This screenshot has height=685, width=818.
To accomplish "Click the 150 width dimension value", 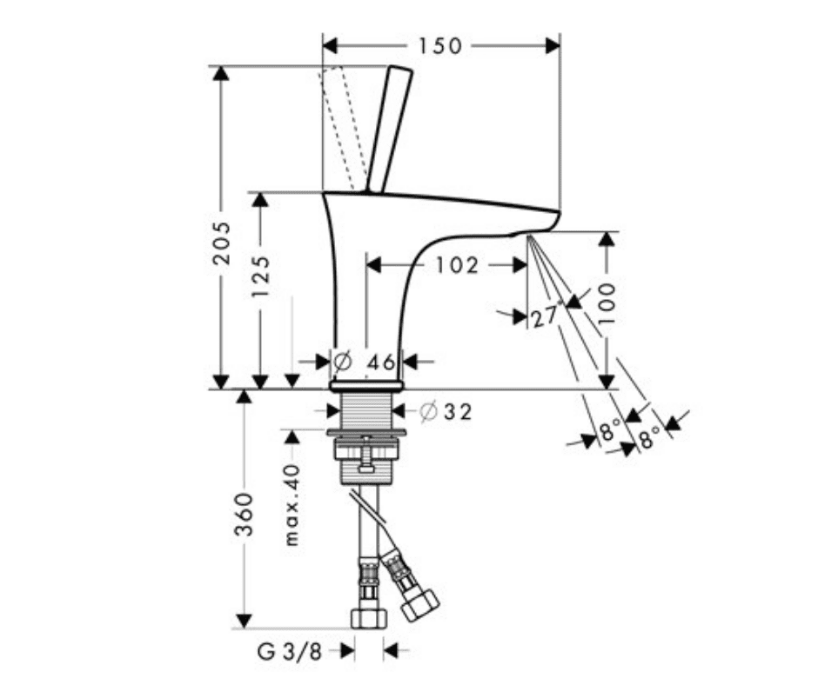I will pyautogui.click(x=440, y=45).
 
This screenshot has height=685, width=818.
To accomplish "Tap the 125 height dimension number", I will pyautogui.click(x=260, y=276).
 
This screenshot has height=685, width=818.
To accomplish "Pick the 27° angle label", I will pyautogui.click(x=546, y=317).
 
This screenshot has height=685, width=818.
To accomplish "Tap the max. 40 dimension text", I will pyautogui.click(x=292, y=504).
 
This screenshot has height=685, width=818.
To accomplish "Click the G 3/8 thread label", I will pyautogui.click(x=287, y=650).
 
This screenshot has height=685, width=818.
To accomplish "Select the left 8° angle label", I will pyautogui.click(x=611, y=429).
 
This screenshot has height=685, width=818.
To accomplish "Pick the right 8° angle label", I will pyautogui.click(x=649, y=438).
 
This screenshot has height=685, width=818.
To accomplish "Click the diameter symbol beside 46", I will pyautogui.click(x=341, y=360).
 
